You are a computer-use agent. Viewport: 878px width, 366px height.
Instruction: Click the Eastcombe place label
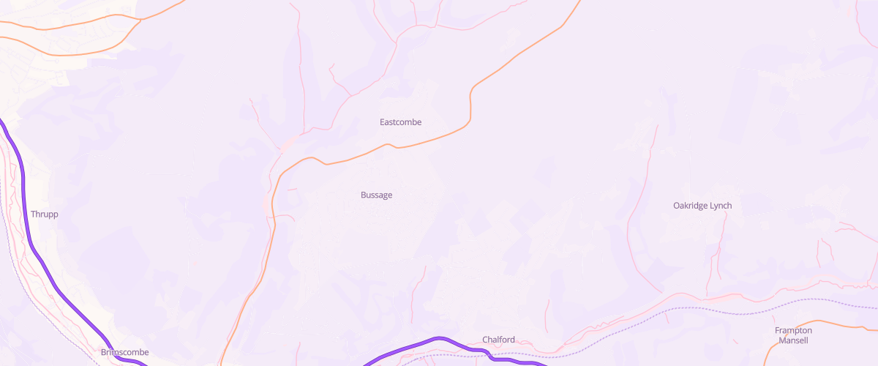[400, 122]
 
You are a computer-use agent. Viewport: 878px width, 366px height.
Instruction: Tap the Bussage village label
[376, 195]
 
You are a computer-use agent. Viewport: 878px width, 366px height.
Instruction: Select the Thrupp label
[44, 214]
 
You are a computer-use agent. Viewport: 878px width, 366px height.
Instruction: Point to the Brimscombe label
[124, 352]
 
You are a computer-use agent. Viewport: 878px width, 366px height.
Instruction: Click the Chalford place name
[498, 340]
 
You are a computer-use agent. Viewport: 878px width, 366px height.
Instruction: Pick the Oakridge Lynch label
[702, 206]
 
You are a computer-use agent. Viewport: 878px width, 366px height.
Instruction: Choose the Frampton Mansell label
[793, 335]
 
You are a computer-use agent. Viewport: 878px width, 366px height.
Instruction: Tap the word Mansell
[793, 340]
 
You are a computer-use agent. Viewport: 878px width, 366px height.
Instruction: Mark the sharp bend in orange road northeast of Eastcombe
[472, 91]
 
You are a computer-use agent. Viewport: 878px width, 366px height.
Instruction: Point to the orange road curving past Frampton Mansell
[805, 322]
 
